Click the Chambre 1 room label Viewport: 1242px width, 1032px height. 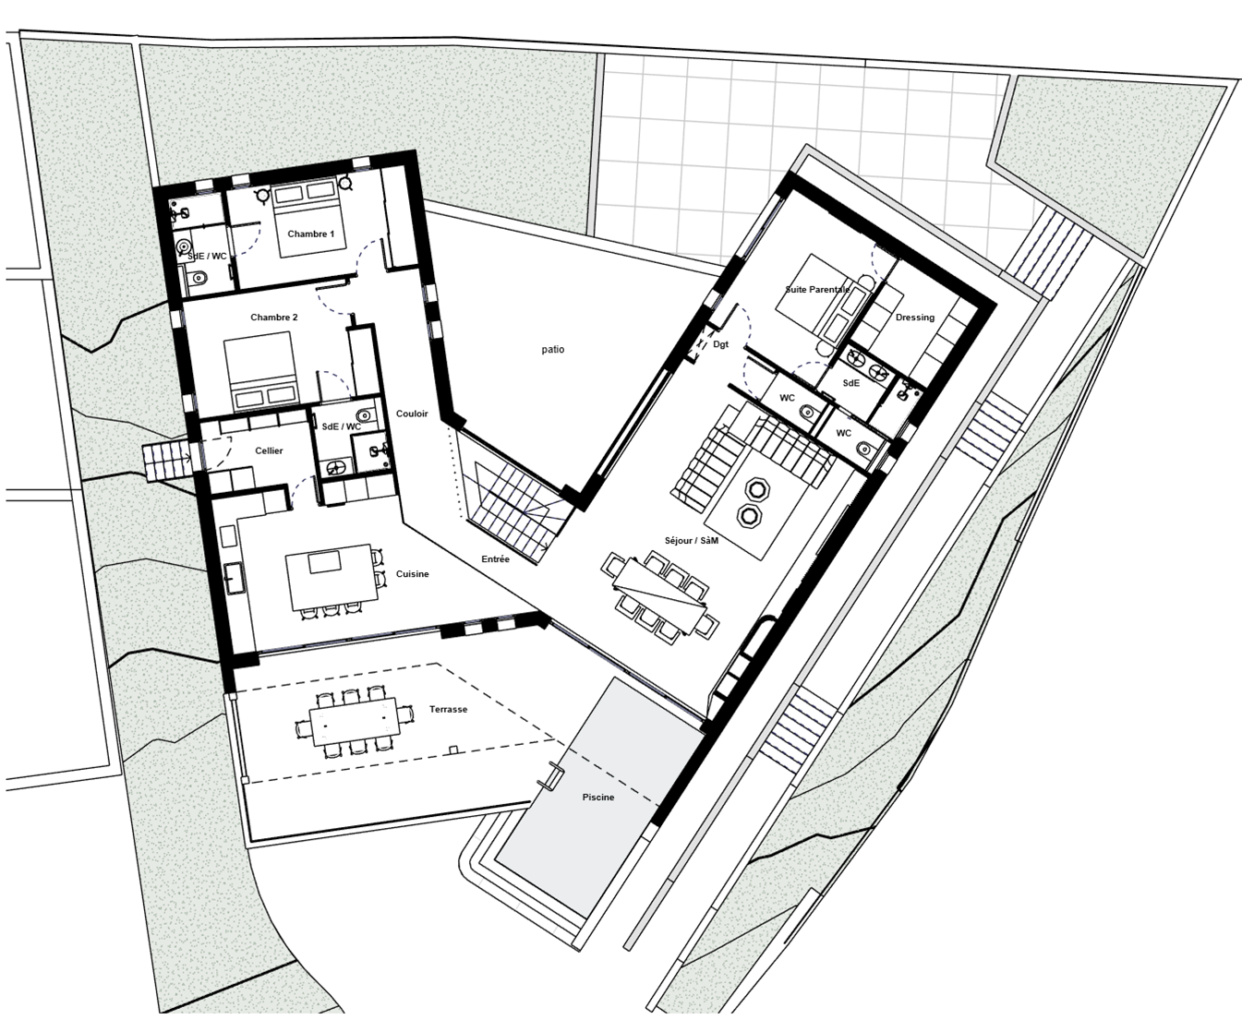tap(310, 234)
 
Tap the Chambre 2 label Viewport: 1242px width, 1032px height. tap(273, 317)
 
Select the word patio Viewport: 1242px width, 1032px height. tap(552, 349)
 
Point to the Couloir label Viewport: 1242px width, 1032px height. tap(412, 414)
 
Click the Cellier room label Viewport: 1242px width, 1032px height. tap(269, 450)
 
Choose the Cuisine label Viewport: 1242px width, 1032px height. tap(412, 573)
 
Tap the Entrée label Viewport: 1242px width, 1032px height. tap(495, 558)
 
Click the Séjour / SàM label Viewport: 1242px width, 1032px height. tap(692, 540)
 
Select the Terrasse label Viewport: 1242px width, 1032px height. tap(448, 709)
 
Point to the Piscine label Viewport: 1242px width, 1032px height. tap(597, 797)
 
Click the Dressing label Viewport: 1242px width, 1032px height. tap(914, 317)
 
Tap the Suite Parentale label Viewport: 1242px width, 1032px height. tap(817, 289)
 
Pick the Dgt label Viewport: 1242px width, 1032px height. tap(720, 343)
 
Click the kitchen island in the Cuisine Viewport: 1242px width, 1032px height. tap(332, 576)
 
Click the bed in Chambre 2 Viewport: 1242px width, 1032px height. tap(259, 370)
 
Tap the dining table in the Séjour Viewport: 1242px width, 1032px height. tap(661, 598)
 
